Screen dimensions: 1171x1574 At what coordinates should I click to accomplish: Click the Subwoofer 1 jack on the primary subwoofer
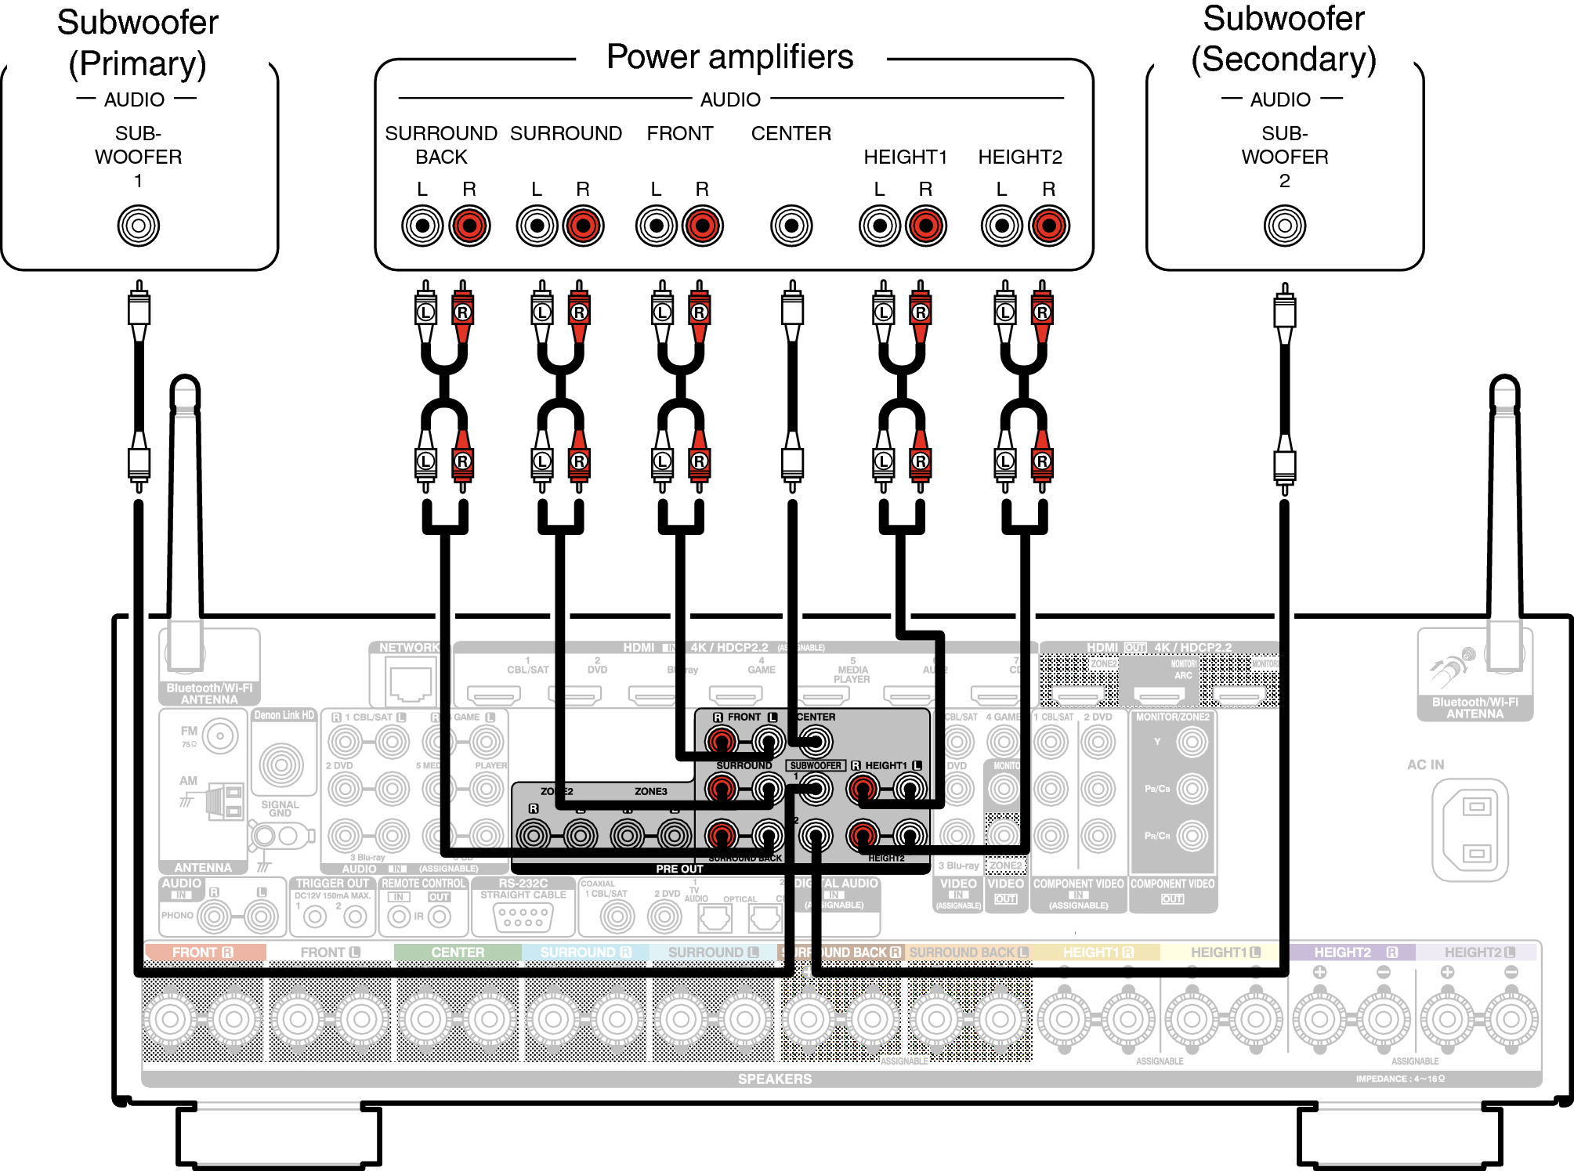[139, 226]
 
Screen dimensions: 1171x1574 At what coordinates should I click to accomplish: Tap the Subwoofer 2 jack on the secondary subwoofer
[1284, 226]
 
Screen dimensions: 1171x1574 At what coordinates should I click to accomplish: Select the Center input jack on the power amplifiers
[791, 226]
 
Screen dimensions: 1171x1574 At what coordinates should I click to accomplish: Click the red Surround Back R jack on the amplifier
[469, 226]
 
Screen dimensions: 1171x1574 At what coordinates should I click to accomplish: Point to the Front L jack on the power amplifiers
[657, 226]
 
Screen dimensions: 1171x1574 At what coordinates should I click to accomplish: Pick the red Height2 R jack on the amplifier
[1048, 226]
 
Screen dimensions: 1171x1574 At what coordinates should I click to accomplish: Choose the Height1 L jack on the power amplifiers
[880, 226]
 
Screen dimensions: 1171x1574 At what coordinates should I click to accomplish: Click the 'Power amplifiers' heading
[729, 57]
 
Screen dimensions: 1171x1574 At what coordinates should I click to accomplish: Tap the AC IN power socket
[1470, 829]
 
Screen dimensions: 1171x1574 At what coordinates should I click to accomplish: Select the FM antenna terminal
[220, 736]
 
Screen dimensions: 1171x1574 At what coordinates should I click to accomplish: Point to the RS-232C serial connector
[523, 916]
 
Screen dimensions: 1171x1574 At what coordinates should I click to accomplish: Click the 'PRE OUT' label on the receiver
[679, 869]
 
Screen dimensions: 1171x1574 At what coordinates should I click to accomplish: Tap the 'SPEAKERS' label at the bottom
[774, 1079]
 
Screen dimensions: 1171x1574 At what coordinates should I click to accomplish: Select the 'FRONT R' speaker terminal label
[203, 952]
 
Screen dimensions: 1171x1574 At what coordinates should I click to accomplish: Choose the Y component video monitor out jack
[1192, 742]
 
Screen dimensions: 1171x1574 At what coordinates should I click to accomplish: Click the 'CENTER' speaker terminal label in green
[458, 952]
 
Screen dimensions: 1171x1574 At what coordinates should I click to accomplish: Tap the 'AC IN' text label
[1425, 764]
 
